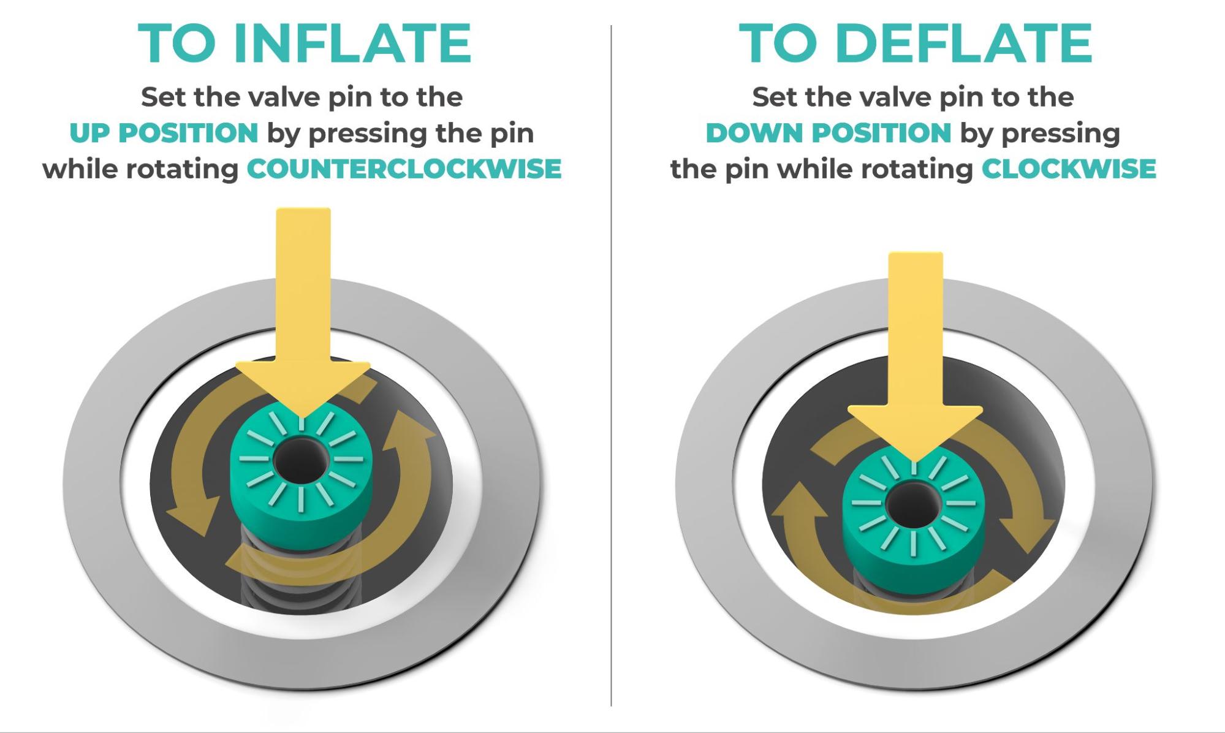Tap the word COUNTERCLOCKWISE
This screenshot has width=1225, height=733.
(x=404, y=169)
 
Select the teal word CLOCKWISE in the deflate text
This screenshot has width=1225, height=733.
(x=1069, y=169)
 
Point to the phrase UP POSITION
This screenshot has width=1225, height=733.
(x=164, y=133)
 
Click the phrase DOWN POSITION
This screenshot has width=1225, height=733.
(x=829, y=133)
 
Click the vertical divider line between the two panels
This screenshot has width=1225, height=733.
(x=611, y=366)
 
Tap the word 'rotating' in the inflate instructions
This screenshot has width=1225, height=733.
(x=182, y=170)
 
